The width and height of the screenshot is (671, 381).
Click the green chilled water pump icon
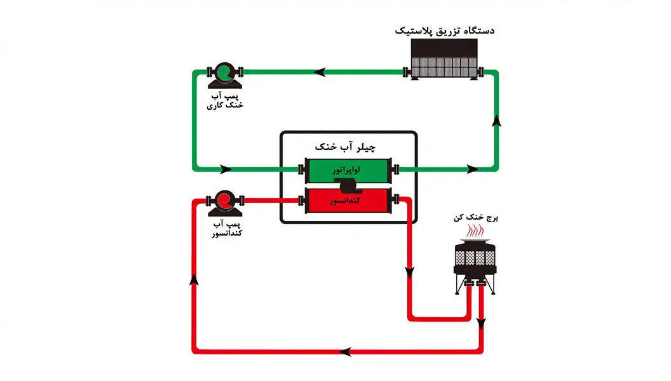[225, 76]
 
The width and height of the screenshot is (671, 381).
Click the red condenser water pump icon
[225, 204]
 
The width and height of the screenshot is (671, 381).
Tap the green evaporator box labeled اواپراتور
[348, 170]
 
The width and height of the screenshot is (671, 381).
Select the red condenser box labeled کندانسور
[348, 201]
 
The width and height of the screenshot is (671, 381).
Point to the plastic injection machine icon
[444, 58]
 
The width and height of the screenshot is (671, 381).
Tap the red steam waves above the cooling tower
[475, 231]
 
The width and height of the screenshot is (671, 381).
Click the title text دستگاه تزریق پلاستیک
[444, 30]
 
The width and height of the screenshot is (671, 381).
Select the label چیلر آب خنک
[345, 147]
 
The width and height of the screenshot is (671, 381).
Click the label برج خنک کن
[476, 218]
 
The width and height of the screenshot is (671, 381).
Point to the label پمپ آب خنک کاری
[225, 100]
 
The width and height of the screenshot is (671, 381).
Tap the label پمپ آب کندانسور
[227, 229]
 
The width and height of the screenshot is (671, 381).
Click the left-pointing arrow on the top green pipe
[319, 72]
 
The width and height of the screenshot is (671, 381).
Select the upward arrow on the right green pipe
[496, 121]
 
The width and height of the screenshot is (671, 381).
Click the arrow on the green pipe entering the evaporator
[226, 170]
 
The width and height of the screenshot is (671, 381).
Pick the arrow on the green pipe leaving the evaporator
[473, 170]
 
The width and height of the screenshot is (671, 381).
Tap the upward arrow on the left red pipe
[194, 279]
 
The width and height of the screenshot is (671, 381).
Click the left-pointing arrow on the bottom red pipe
[345, 352]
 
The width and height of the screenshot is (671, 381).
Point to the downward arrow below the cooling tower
[481, 324]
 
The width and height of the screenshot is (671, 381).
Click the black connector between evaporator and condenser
[348, 185]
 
